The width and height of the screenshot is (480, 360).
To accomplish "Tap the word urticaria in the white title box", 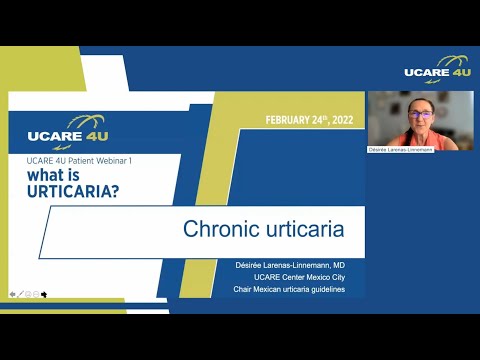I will (298, 229).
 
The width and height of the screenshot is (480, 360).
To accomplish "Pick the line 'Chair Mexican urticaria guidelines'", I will (290, 289).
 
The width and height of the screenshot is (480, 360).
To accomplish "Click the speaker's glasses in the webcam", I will (420, 115).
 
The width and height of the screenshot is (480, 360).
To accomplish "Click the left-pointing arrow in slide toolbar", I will (12, 294).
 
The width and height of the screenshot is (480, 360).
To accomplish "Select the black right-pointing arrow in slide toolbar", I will (43, 294).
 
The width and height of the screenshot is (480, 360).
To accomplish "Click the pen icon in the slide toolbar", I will (21, 294).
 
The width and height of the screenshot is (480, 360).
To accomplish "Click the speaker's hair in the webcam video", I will (420, 102).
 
